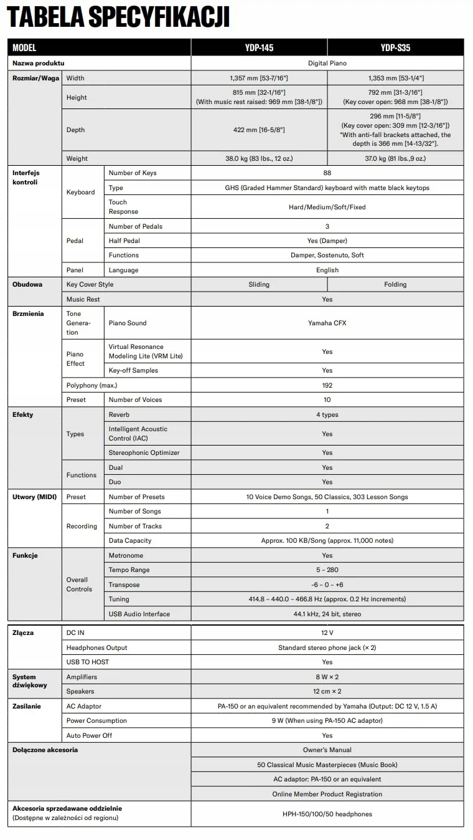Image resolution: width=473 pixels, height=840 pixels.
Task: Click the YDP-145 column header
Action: tap(259, 47)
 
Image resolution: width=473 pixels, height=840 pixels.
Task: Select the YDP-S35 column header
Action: tap(395, 47)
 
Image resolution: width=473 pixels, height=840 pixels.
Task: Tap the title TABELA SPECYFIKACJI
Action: tap(118, 17)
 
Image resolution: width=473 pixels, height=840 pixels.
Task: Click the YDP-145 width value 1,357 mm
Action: tap(259, 78)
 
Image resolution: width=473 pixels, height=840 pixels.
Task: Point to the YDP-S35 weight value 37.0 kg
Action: tap(395, 159)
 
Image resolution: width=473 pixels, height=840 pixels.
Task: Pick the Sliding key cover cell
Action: tap(259, 285)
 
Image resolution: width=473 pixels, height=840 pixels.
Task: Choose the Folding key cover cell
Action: tap(395, 285)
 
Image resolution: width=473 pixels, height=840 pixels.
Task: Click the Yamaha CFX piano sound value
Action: tap(327, 323)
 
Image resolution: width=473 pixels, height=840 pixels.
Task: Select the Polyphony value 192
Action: tap(327, 385)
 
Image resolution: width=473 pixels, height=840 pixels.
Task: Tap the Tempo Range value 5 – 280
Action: tap(327, 570)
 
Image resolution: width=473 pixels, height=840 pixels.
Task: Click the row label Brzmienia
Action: tap(28, 314)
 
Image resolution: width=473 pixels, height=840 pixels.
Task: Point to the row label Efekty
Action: tap(23, 415)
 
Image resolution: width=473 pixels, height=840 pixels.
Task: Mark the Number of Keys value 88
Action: tap(327, 173)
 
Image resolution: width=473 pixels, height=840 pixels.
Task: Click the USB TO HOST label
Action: tap(88, 662)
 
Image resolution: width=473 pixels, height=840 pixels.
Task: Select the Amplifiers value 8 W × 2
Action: tap(327, 677)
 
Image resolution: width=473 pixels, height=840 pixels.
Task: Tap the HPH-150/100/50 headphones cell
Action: tap(327, 814)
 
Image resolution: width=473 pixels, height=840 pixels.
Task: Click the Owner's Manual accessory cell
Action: tap(327, 750)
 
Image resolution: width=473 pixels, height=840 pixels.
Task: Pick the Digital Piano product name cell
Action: tap(327, 63)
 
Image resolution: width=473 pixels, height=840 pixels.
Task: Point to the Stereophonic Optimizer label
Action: tap(144, 452)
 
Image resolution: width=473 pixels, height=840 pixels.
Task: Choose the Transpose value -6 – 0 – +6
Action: tap(327, 585)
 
